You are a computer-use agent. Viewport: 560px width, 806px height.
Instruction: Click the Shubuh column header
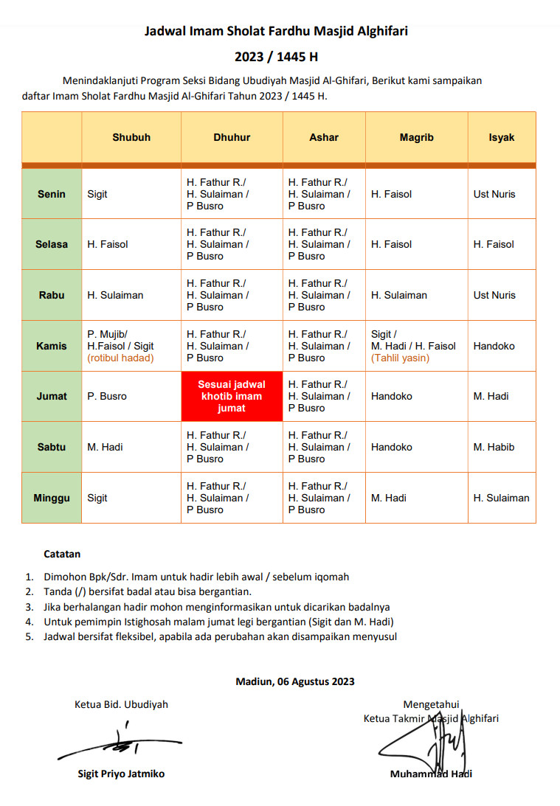point(131,137)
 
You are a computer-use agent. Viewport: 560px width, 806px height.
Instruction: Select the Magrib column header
point(416,137)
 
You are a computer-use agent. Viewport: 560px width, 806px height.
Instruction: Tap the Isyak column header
point(501,137)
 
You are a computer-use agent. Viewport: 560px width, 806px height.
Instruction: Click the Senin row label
point(52,194)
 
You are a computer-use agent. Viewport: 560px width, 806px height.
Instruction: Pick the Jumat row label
point(52,396)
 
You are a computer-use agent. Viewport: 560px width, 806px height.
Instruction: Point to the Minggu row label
point(52,498)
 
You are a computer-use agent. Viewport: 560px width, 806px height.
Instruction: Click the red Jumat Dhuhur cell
point(232,396)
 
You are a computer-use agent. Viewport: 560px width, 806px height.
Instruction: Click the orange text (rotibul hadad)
point(120,358)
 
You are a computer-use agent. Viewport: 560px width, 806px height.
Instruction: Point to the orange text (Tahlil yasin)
point(400,358)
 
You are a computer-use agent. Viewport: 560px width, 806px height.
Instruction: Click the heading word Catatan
point(62,554)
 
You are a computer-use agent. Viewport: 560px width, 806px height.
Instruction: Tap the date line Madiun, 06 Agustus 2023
point(294,681)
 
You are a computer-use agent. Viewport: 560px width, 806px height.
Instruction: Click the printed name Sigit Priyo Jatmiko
point(121,774)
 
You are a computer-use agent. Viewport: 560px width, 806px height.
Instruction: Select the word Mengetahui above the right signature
point(431,704)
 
